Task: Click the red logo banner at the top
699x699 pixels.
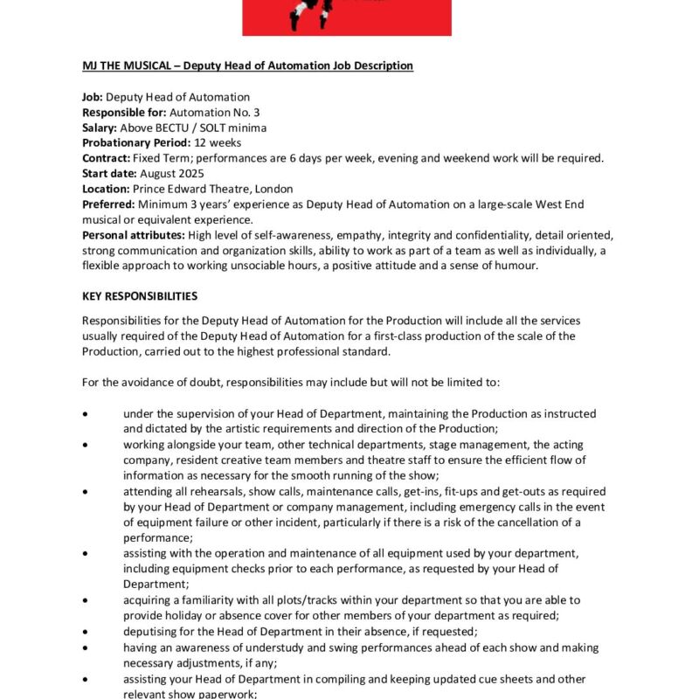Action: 347,17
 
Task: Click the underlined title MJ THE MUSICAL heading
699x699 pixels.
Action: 247,66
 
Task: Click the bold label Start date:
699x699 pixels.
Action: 109,173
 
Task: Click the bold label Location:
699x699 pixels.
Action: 106,189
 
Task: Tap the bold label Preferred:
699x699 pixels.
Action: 109,204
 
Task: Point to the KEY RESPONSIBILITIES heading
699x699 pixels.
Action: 140,296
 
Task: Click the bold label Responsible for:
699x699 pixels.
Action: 124,112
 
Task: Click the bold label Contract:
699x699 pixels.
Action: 106,158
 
